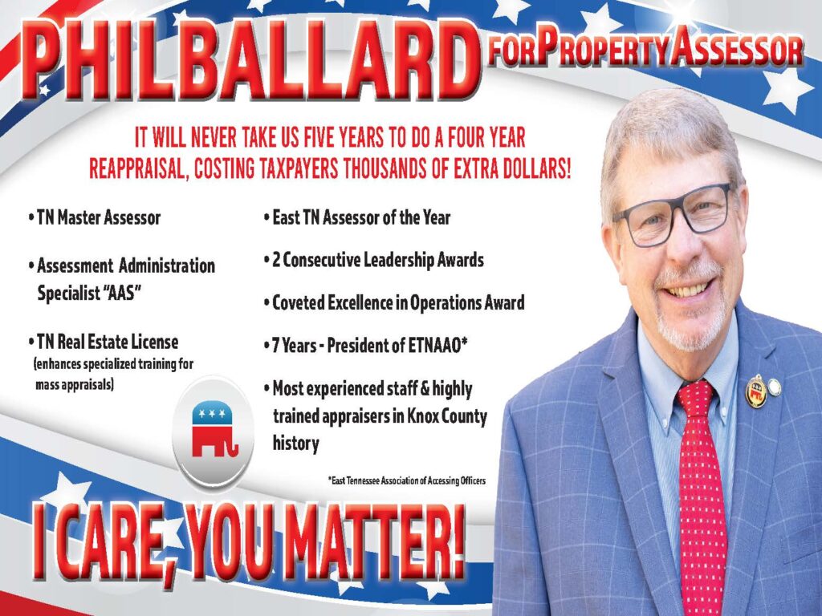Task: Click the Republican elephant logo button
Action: pyautogui.click(x=214, y=432)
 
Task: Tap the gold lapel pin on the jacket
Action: pyautogui.click(x=756, y=391)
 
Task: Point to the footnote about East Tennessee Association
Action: pyautogui.click(x=406, y=480)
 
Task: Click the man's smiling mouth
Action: pyautogui.click(x=689, y=287)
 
